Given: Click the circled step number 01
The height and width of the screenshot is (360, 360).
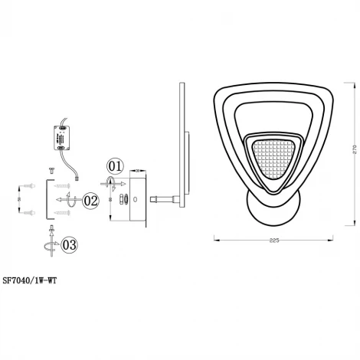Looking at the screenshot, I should click(114, 165).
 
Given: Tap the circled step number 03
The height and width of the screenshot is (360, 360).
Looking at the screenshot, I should click(69, 244).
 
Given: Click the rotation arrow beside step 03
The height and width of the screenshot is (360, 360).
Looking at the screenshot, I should click(50, 246).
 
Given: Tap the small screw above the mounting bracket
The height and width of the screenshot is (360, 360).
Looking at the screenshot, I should click(51, 169).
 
